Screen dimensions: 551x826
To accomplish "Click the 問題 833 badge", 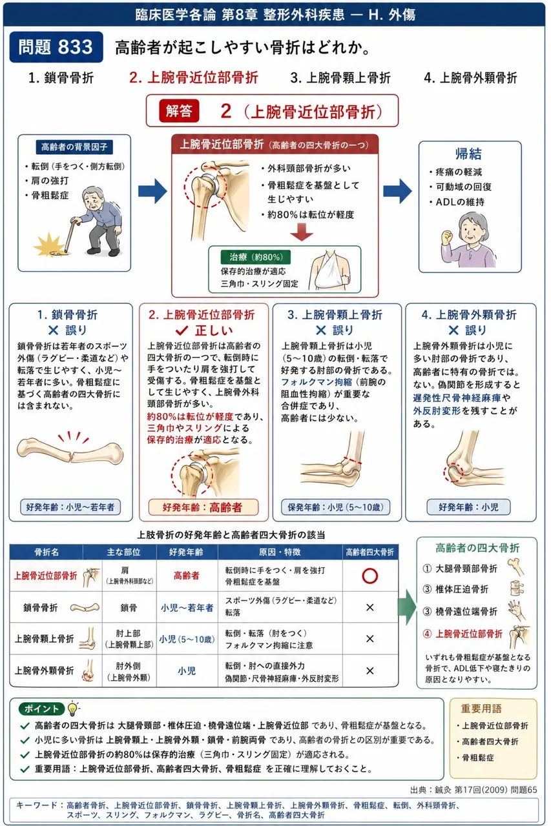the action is (x=56, y=47).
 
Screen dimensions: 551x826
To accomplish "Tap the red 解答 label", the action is (x=179, y=110).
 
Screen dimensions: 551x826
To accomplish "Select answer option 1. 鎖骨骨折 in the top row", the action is (x=61, y=78).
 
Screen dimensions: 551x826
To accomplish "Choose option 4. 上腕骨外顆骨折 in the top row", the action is (x=470, y=78).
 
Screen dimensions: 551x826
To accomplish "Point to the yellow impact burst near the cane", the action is (x=49, y=245).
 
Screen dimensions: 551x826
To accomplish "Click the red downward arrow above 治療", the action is (x=302, y=232).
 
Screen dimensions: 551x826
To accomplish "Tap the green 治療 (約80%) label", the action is (x=255, y=257).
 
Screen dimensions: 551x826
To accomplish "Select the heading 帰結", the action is (x=468, y=154).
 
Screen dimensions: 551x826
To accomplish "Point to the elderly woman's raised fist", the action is (x=447, y=237).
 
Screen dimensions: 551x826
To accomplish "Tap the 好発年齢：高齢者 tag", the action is (x=203, y=507).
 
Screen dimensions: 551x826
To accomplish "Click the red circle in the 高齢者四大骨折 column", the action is (x=369, y=576).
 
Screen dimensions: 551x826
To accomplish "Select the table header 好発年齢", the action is (x=187, y=552).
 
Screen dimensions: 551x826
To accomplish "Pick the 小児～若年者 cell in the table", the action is (x=187, y=608).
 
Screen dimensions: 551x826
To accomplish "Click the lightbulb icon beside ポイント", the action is (x=73, y=708).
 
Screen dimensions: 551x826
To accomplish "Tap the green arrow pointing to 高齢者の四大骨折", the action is (x=407, y=607).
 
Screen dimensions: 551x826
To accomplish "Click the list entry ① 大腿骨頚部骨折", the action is (x=460, y=569).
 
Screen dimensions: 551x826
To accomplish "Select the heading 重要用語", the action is (x=481, y=709).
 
